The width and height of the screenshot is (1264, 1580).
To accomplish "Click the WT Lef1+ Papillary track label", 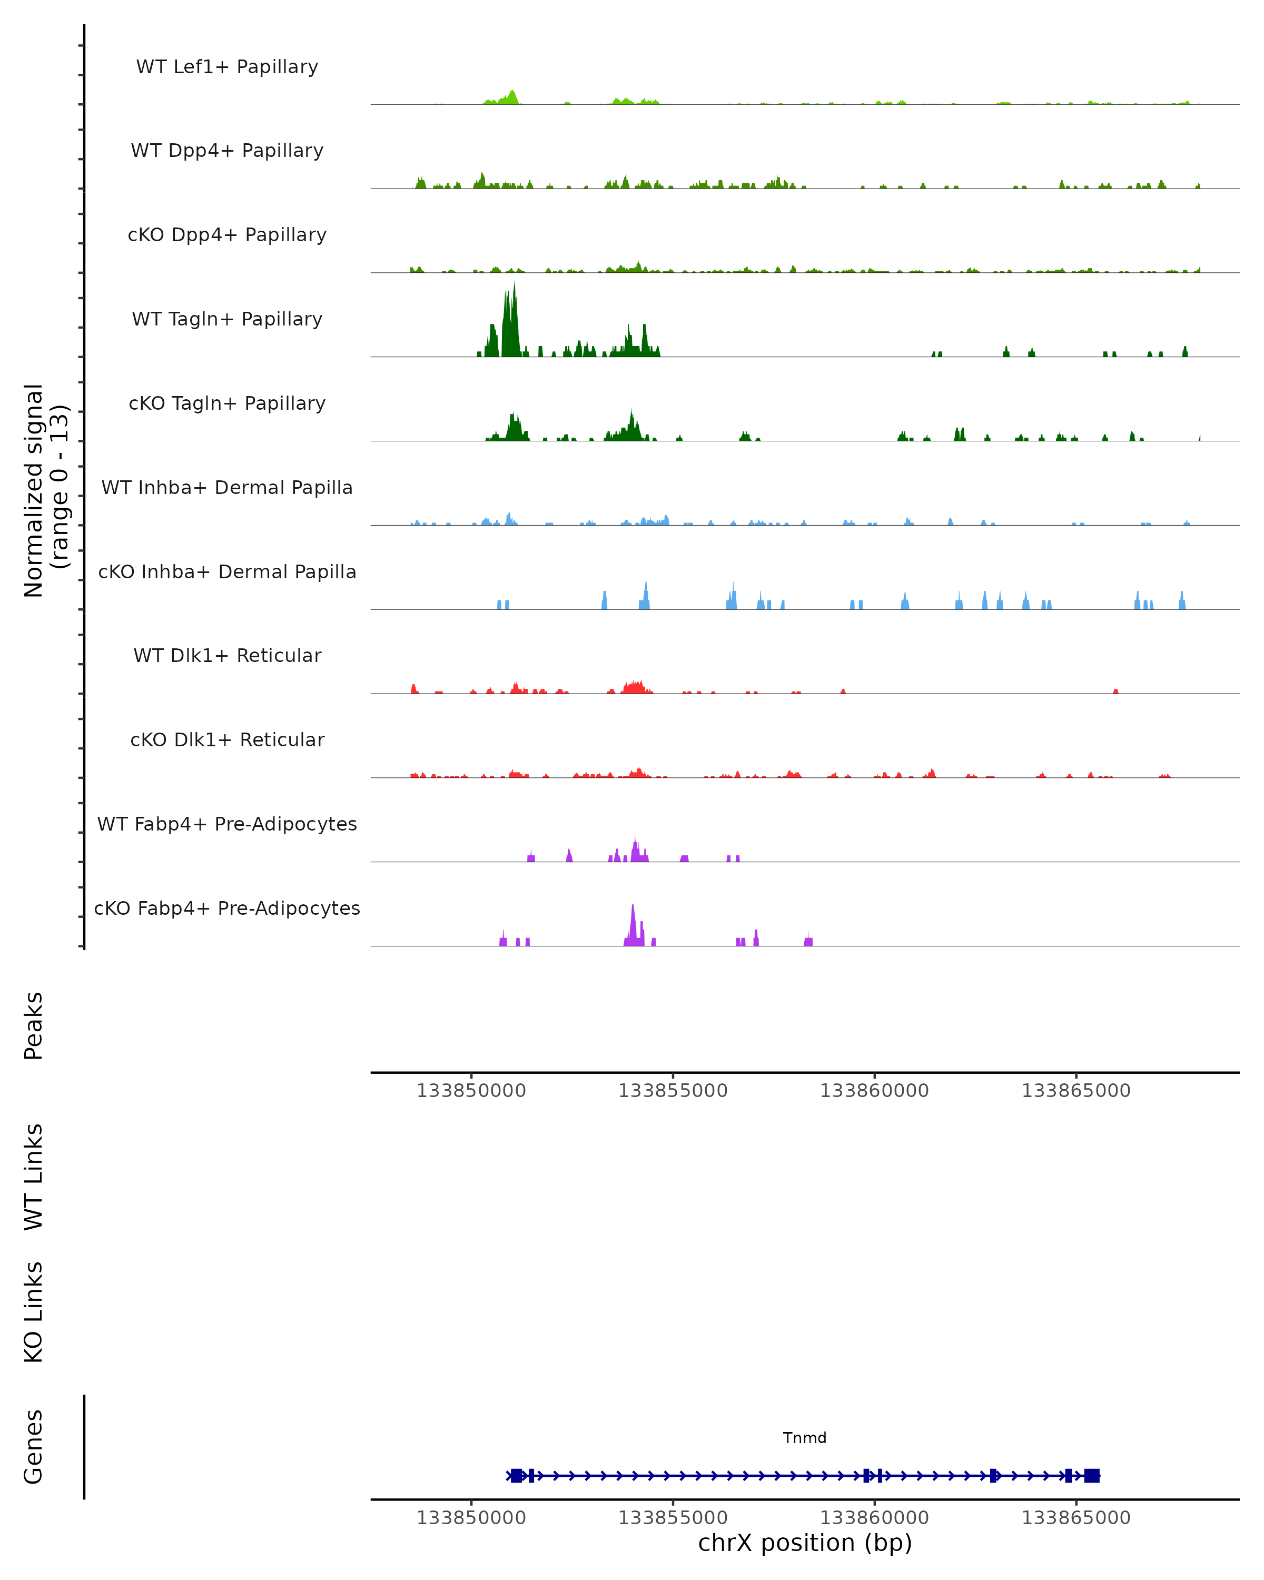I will (227, 67).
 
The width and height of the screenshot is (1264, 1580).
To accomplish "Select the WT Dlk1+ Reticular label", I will (227, 655).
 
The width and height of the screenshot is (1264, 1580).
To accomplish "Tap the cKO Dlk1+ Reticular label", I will (227, 739).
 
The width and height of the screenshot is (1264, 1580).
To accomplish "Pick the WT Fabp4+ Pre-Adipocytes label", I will (227, 824).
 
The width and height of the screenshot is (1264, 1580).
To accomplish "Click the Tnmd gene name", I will (805, 1437).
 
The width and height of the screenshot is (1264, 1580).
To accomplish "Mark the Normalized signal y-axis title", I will (45, 490).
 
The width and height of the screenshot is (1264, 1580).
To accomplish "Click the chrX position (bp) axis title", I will (805, 1543).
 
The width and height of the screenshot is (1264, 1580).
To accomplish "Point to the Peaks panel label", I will (34, 1025).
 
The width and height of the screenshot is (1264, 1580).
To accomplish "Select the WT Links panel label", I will (34, 1176).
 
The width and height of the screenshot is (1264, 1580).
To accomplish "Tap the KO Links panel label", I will (34, 1312).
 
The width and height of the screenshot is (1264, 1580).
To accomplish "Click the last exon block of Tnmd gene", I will (1092, 1475).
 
